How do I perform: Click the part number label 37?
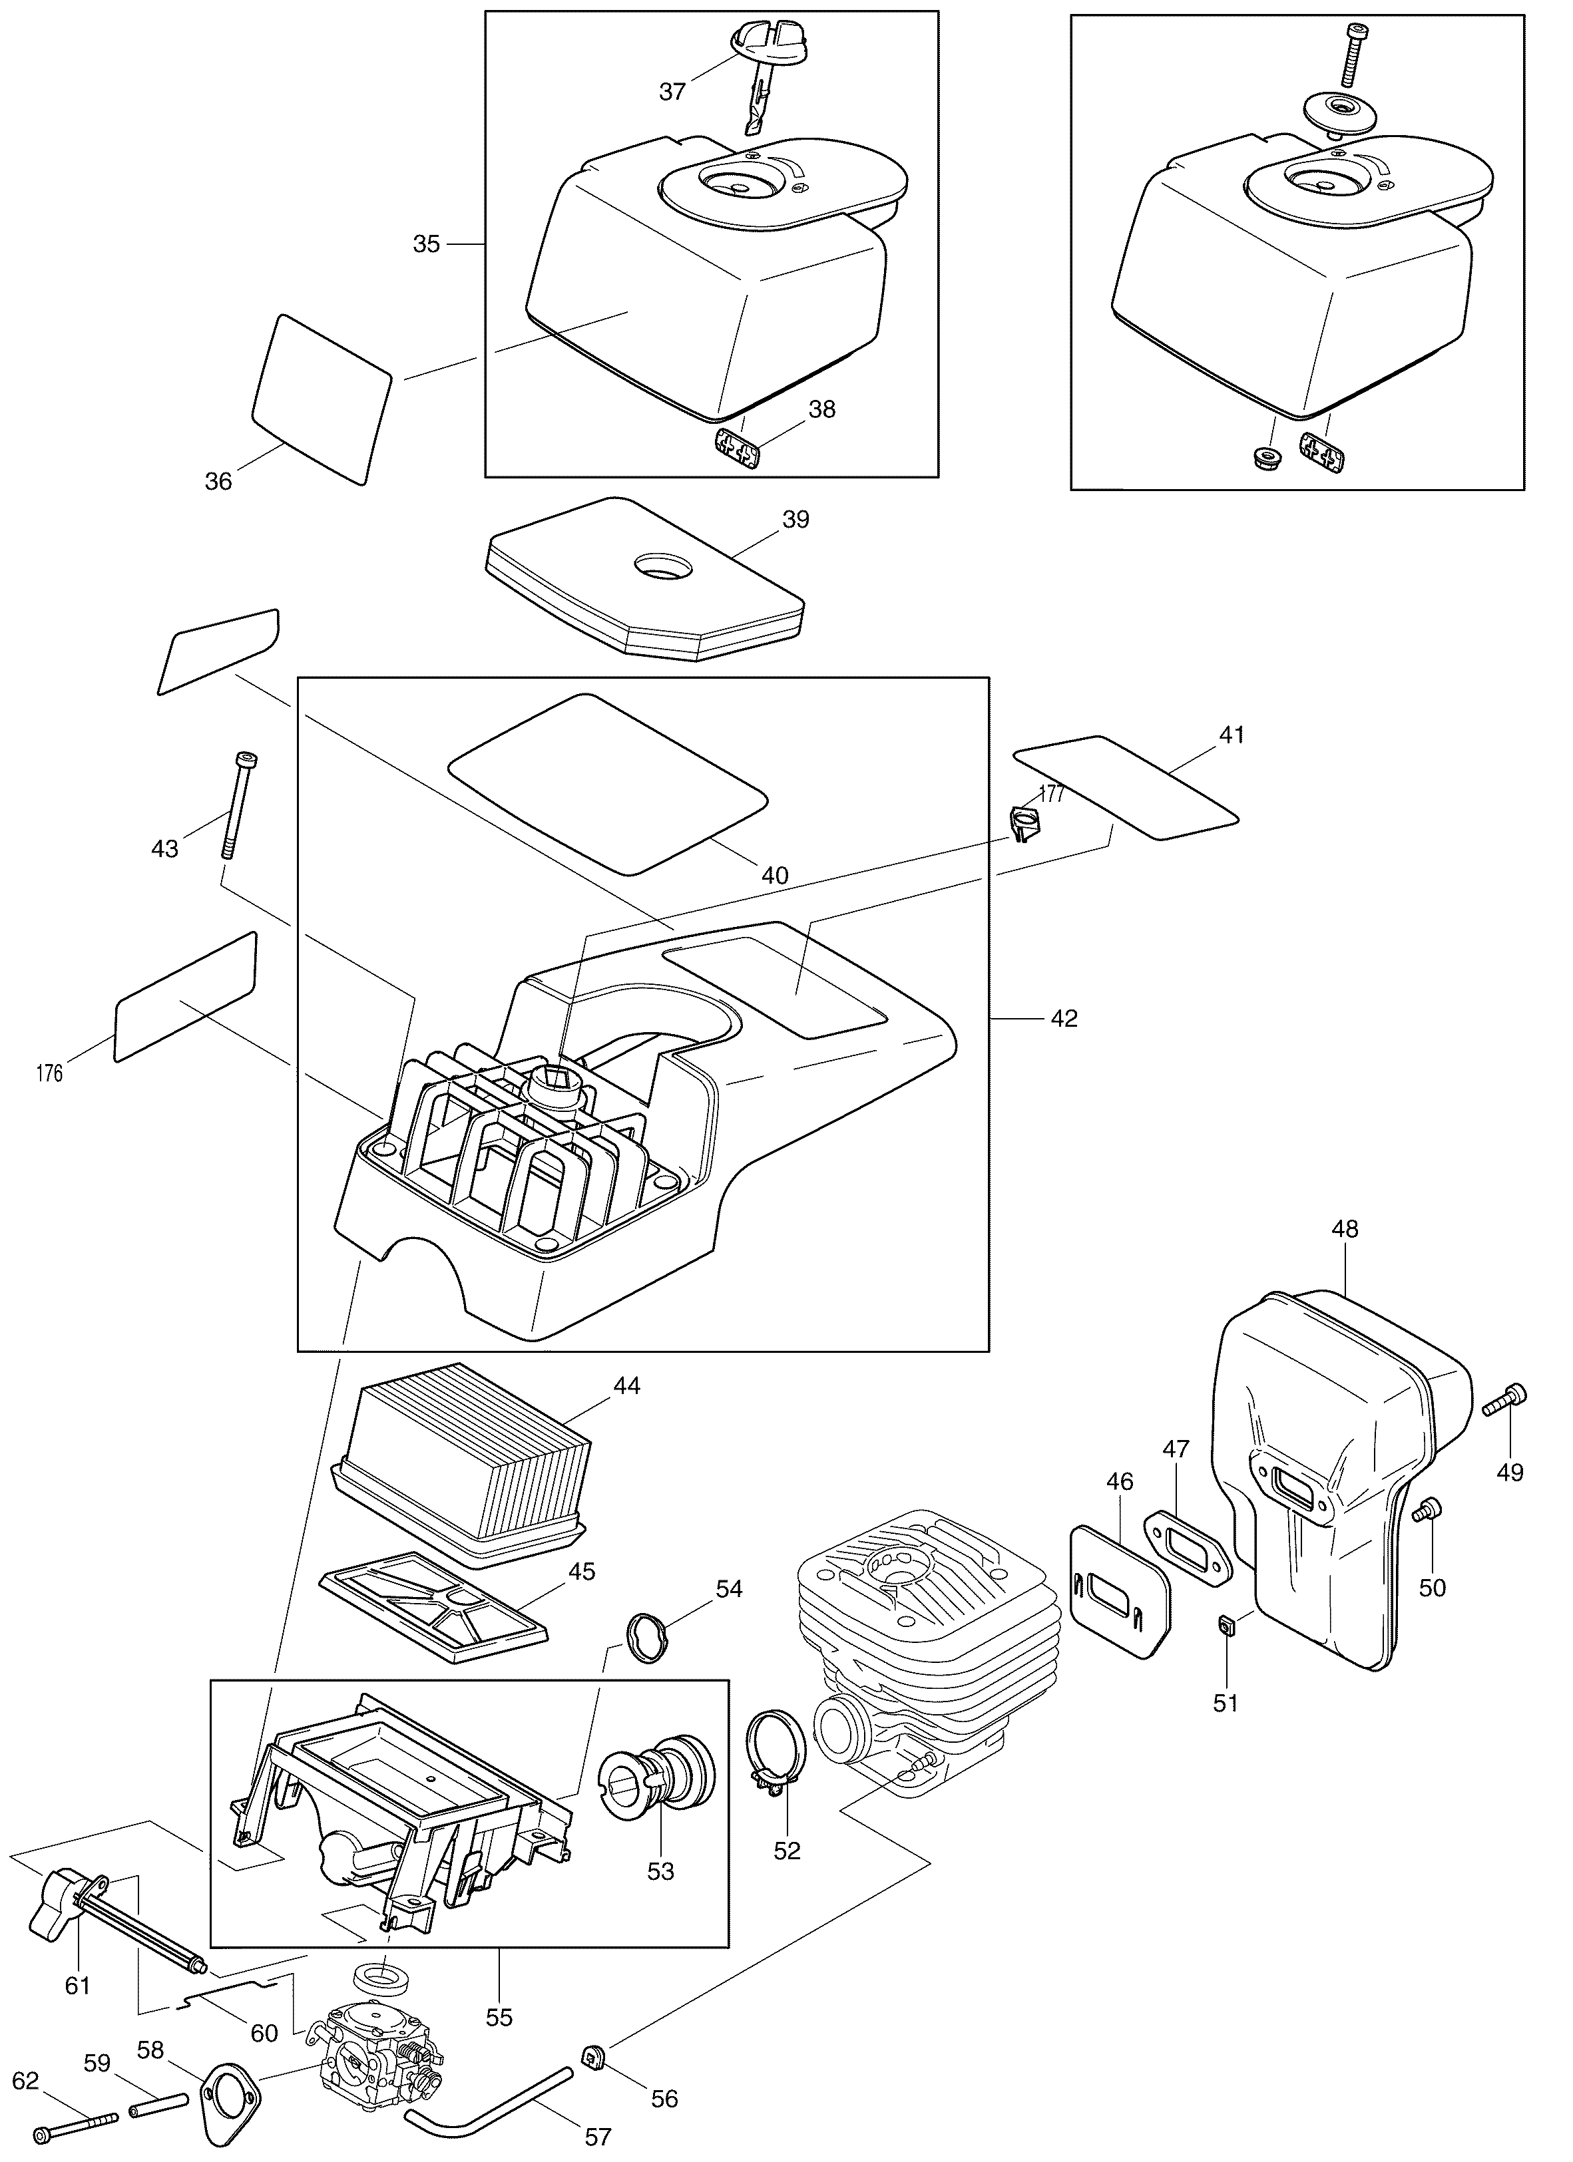coord(672,92)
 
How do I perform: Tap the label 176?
coord(49,1073)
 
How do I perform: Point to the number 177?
coord(1052,793)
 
